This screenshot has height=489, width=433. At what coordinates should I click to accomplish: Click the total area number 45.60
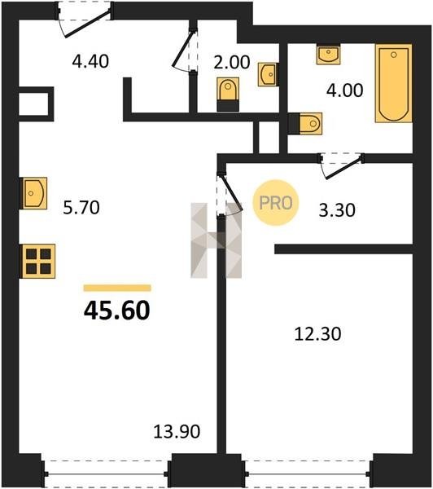tap(117, 311)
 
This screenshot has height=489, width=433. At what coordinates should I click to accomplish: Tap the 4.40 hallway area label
tap(90, 61)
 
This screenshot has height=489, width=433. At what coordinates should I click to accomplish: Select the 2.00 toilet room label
tap(231, 62)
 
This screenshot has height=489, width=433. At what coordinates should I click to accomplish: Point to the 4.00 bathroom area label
tap(344, 90)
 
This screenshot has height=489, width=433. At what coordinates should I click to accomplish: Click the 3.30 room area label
tap(337, 210)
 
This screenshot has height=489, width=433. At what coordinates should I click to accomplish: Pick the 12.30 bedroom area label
tap(317, 333)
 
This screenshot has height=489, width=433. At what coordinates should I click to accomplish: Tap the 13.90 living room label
tap(177, 432)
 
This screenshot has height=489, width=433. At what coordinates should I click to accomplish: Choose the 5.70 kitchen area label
tap(81, 207)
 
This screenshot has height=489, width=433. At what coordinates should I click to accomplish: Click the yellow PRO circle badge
tap(276, 203)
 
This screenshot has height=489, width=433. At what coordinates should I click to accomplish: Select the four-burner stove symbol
tap(37, 262)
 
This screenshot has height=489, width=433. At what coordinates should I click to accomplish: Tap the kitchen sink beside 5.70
tap(33, 193)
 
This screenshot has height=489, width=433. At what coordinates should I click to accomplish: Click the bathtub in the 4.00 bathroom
tap(394, 83)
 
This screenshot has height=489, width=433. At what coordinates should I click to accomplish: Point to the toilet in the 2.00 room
tap(228, 95)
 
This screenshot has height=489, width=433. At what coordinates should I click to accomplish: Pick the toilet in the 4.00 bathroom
tap(305, 124)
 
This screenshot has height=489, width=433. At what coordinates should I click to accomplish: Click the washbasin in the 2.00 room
tap(267, 75)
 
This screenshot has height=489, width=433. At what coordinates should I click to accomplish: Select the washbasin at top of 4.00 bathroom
tap(328, 55)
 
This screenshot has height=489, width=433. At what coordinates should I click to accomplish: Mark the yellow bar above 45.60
tap(117, 288)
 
